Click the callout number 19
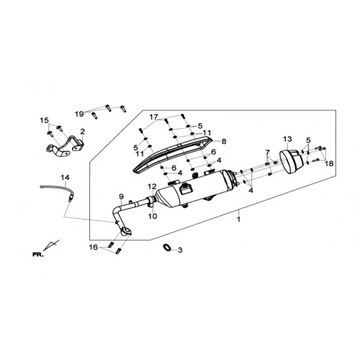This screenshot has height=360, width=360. coord(79,114)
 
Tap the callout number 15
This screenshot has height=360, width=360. coord(44,120)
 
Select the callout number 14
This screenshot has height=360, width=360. coord(65,178)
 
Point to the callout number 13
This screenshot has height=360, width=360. coord(287,139)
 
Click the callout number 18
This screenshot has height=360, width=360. coord(329,163)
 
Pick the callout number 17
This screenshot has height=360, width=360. coord(154,117)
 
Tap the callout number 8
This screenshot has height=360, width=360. coord(224,141)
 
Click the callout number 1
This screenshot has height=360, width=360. coord(238,220)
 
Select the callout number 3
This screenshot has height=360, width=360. coord(180,251)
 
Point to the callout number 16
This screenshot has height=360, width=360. coord(94,247)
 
